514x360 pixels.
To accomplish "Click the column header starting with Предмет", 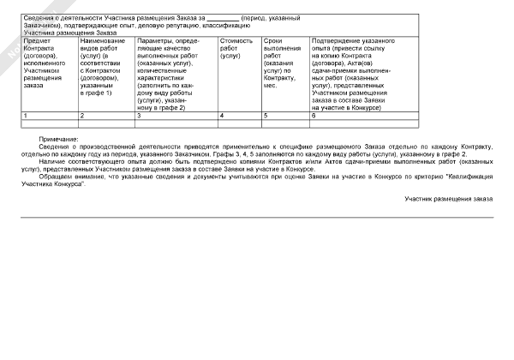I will (x=38, y=40).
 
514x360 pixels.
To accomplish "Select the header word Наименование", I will (x=101, y=40).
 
